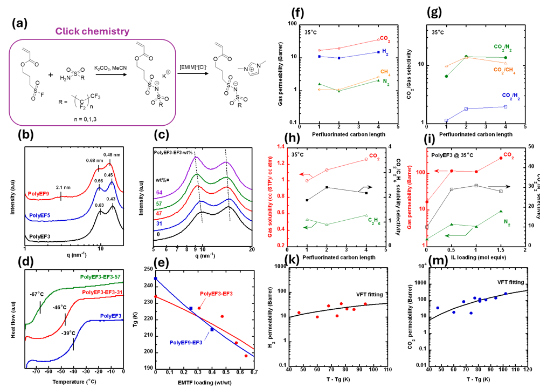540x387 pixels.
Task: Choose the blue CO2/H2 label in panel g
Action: tap(499, 96)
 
